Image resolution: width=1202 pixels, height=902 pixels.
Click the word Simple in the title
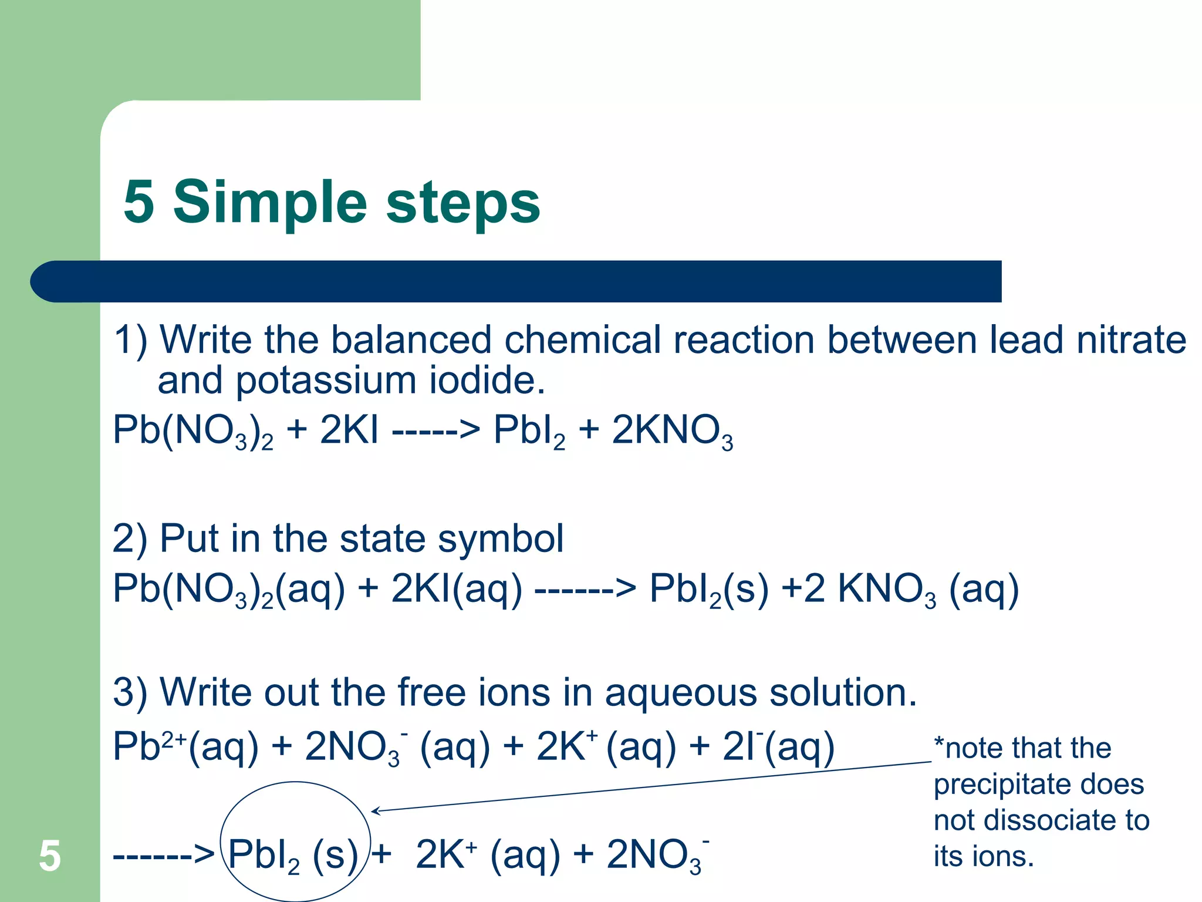click(x=270, y=203)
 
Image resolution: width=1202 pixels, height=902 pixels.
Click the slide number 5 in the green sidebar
click(x=50, y=856)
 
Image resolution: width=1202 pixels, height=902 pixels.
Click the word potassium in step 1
click(x=326, y=381)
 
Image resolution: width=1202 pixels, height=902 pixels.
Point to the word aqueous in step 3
click(x=681, y=692)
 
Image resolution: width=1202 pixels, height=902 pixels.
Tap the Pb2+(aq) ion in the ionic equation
click(x=185, y=747)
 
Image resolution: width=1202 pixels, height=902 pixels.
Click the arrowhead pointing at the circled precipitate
click(x=376, y=812)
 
